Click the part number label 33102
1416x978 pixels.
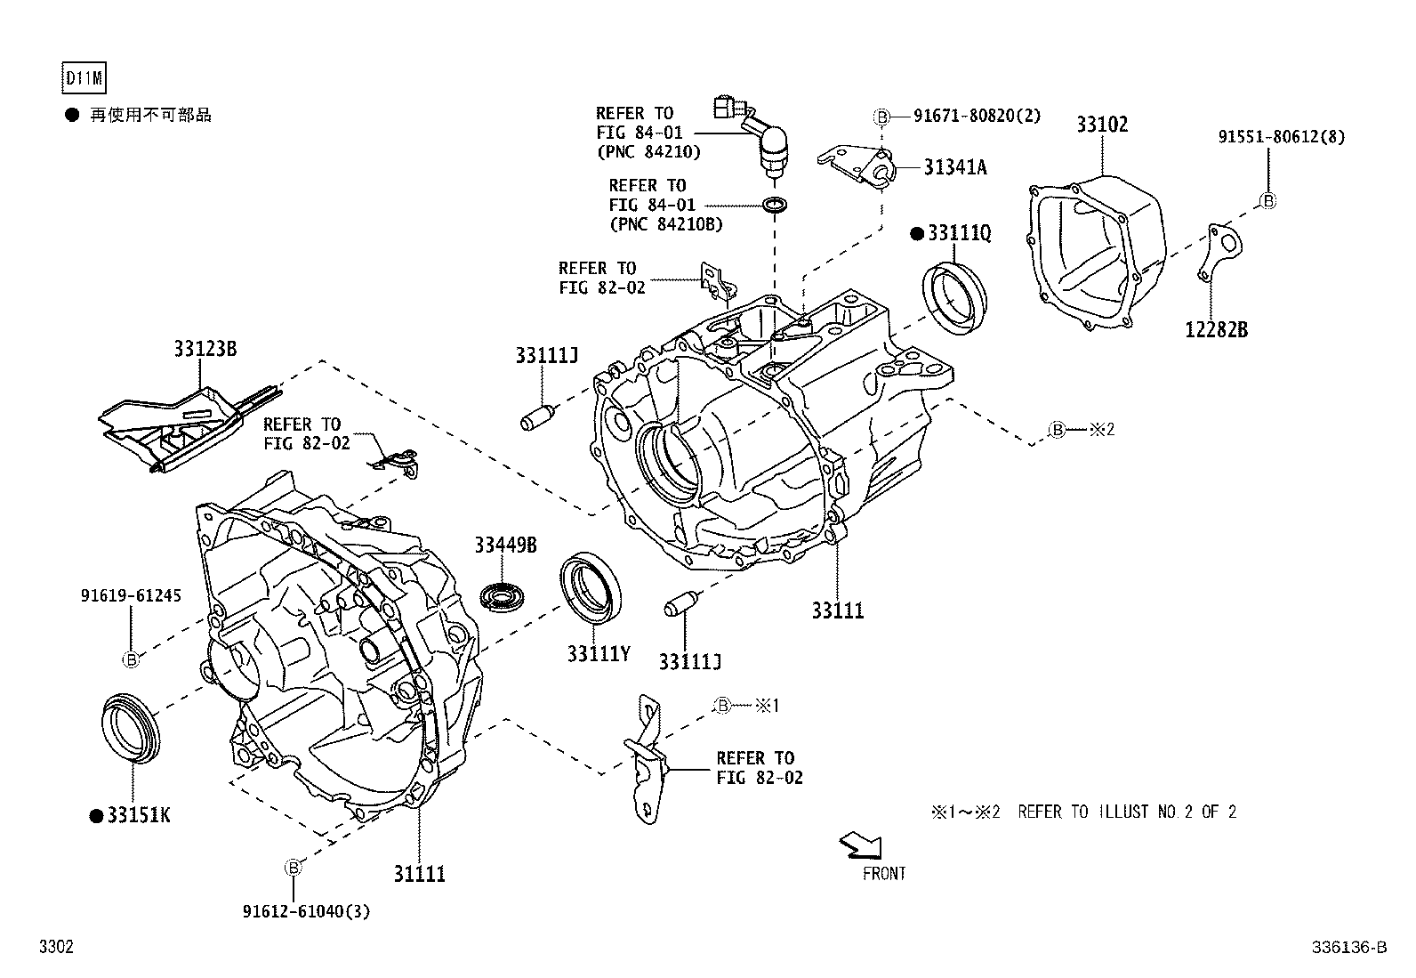pyautogui.click(x=1102, y=125)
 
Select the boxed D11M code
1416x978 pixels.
pyautogui.click(x=84, y=79)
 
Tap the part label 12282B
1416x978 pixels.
pyautogui.click(x=1216, y=330)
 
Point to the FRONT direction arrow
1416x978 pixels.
pyautogui.click(x=861, y=845)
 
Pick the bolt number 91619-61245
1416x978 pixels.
pyautogui.click(x=130, y=595)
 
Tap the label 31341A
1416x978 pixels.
pyautogui.click(x=954, y=167)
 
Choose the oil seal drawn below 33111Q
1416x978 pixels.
pyautogui.click(x=954, y=297)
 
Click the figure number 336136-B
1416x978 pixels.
pyautogui.click(x=1348, y=948)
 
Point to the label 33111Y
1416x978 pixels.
pyautogui.click(x=599, y=654)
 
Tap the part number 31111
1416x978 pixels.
pyautogui.click(x=419, y=874)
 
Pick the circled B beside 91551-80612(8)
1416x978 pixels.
pyautogui.click(x=1269, y=201)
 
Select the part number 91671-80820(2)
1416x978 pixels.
pyautogui.click(x=977, y=116)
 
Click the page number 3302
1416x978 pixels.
pyautogui.click(x=55, y=948)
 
